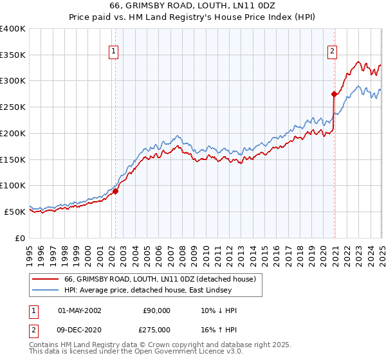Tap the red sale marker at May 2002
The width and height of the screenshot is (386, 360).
(x=116, y=191)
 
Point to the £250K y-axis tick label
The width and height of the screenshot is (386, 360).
(x=13, y=107)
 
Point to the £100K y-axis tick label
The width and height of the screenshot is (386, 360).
(x=13, y=185)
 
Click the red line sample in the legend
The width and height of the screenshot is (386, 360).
(x=44, y=279)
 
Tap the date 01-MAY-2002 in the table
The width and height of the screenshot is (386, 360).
(x=80, y=310)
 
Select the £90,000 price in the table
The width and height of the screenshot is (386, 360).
(x=156, y=310)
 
